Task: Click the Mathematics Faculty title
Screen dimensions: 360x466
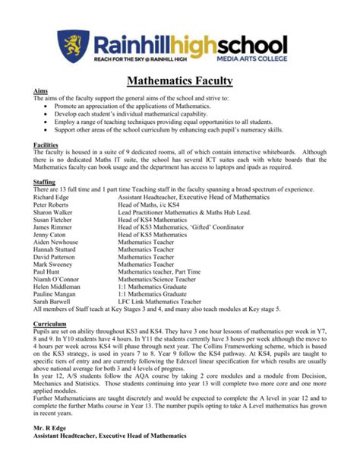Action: point(180,79)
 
